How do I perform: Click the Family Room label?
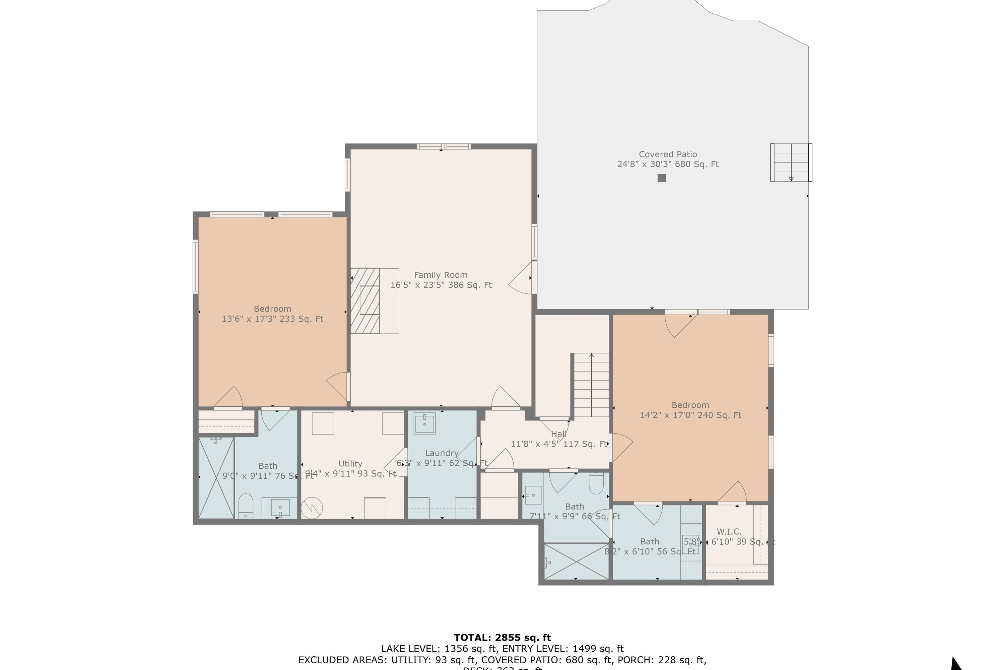pos(441,275)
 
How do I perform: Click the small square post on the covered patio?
pos(661,178)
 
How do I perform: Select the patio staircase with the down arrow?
pos(791,162)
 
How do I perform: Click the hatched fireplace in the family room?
pos(365,301)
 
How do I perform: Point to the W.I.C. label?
pos(729,532)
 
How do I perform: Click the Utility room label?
pos(350,464)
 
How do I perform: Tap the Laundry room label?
pos(442,453)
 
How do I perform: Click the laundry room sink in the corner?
pos(424,423)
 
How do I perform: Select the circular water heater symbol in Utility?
pos(312,508)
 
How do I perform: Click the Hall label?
pos(558,434)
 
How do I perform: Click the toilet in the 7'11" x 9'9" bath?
pos(596,482)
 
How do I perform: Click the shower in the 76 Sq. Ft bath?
pos(216,478)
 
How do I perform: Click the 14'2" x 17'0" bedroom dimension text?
pos(690,415)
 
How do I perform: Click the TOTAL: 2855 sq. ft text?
pos(502,638)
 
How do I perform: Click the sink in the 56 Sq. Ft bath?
pos(690,543)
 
